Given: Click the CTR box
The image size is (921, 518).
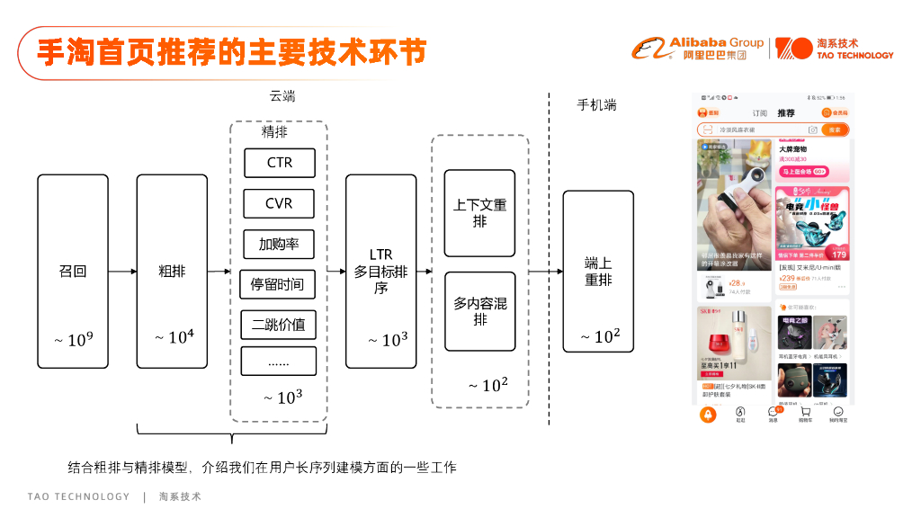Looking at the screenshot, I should [x=280, y=163].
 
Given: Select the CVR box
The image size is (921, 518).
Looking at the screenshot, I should [x=280, y=203].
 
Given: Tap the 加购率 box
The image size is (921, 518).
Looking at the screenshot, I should [x=280, y=244].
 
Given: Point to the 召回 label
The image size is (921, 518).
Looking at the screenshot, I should [x=73, y=271].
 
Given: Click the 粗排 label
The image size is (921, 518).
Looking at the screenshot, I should [x=172, y=271].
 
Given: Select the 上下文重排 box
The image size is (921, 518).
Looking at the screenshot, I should [x=479, y=213].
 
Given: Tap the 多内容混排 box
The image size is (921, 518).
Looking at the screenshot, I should [x=479, y=311].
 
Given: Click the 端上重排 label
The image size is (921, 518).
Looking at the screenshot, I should [x=598, y=272].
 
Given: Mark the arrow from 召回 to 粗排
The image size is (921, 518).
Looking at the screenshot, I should [x=122, y=271].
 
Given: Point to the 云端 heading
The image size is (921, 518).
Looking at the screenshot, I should [x=282, y=96].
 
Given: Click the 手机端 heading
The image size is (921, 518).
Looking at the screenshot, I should [x=596, y=105].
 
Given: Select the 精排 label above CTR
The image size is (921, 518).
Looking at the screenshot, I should [x=274, y=132].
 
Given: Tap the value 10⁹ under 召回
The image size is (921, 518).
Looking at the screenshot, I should [x=74, y=339].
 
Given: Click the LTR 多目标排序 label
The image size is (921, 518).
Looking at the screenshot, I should [x=380, y=271].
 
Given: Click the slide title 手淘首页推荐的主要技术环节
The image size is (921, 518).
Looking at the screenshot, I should [x=230, y=52].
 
